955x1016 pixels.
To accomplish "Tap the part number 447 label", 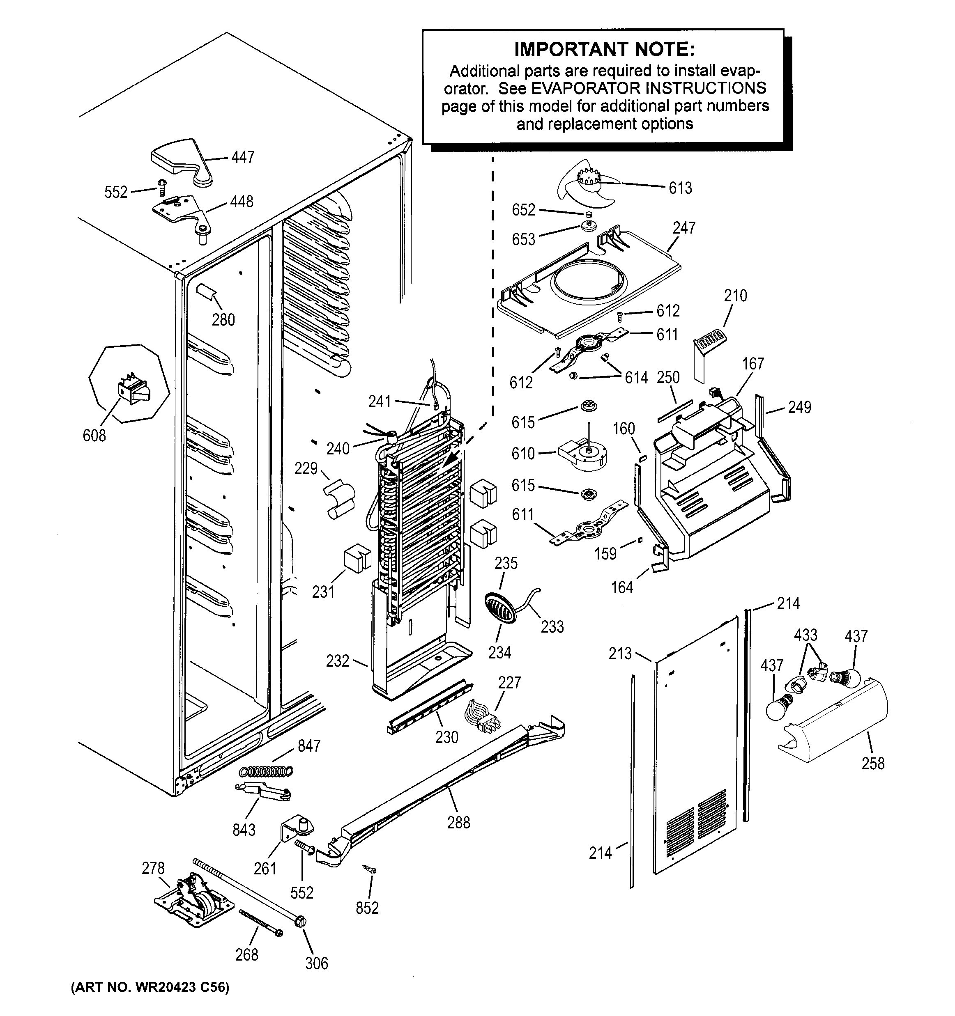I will [x=242, y=157].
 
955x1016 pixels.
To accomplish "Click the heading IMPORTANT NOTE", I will [x=604, y=50].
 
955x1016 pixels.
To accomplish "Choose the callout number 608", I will [x=94, y=436].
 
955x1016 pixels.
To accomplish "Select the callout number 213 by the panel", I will [x=620, y=653].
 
